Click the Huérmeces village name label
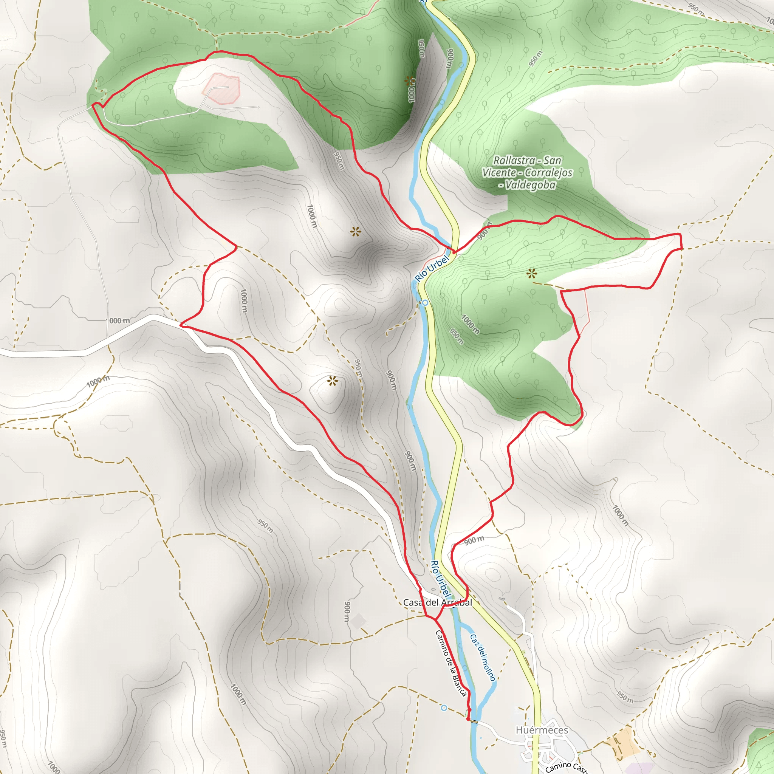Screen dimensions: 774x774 tap(542, 730)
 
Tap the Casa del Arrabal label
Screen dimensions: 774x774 tap(437, 602)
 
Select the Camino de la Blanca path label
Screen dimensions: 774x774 tap(451, 663)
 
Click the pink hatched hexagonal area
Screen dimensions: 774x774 tap(221, 88)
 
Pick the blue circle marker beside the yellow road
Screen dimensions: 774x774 tap(425, 303)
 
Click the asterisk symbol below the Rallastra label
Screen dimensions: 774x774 tap(532, 274)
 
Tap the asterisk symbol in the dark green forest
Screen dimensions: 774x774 tap(409, 81)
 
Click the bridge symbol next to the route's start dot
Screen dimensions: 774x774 tap(474, 721)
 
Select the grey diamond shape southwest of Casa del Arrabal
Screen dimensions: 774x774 tap(358, 621)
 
